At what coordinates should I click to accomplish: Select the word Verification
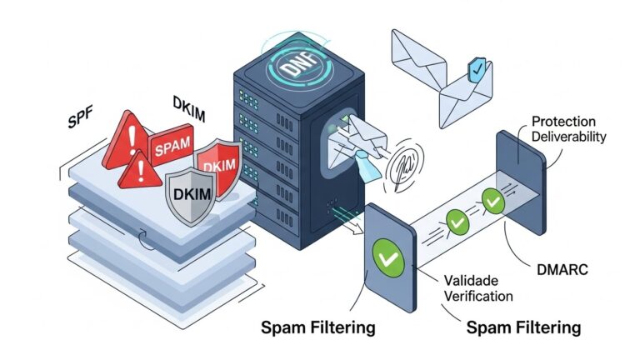pos(477,295)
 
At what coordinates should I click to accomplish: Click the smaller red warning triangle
pos(140,172)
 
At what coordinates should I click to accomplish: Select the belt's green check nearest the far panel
pos(492,201)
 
